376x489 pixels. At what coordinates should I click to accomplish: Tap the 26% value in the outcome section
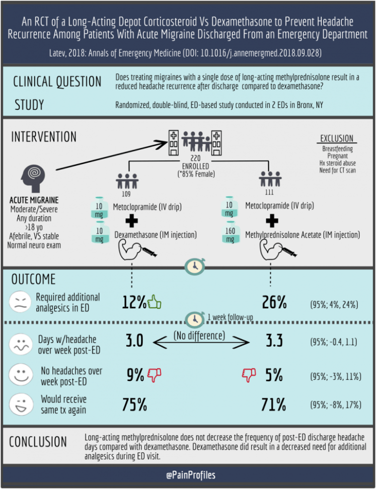pos(274,302)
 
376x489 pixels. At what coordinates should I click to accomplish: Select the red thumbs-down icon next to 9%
pos(154,374)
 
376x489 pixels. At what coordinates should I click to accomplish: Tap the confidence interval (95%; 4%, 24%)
pos(333,304)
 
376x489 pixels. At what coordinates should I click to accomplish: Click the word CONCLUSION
pos(38,442)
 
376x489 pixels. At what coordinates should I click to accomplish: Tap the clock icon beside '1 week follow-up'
pos(194,318)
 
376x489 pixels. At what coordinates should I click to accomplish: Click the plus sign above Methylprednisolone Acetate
pos(272,220)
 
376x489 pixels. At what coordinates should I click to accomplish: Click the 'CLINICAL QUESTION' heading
pos(57,82)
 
